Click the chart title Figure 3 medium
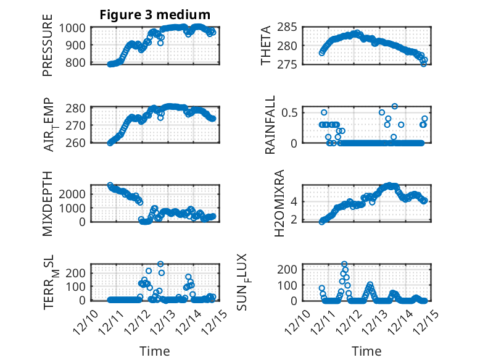tap(155, 15)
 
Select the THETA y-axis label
tap(266, 45)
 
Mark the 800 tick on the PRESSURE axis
tap(78, 62)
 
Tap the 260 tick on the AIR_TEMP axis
tap(78, 143)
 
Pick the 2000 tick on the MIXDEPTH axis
tap(73, 193)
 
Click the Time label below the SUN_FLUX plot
tap(366, 351)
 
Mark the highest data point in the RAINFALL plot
tap(395, 106)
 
